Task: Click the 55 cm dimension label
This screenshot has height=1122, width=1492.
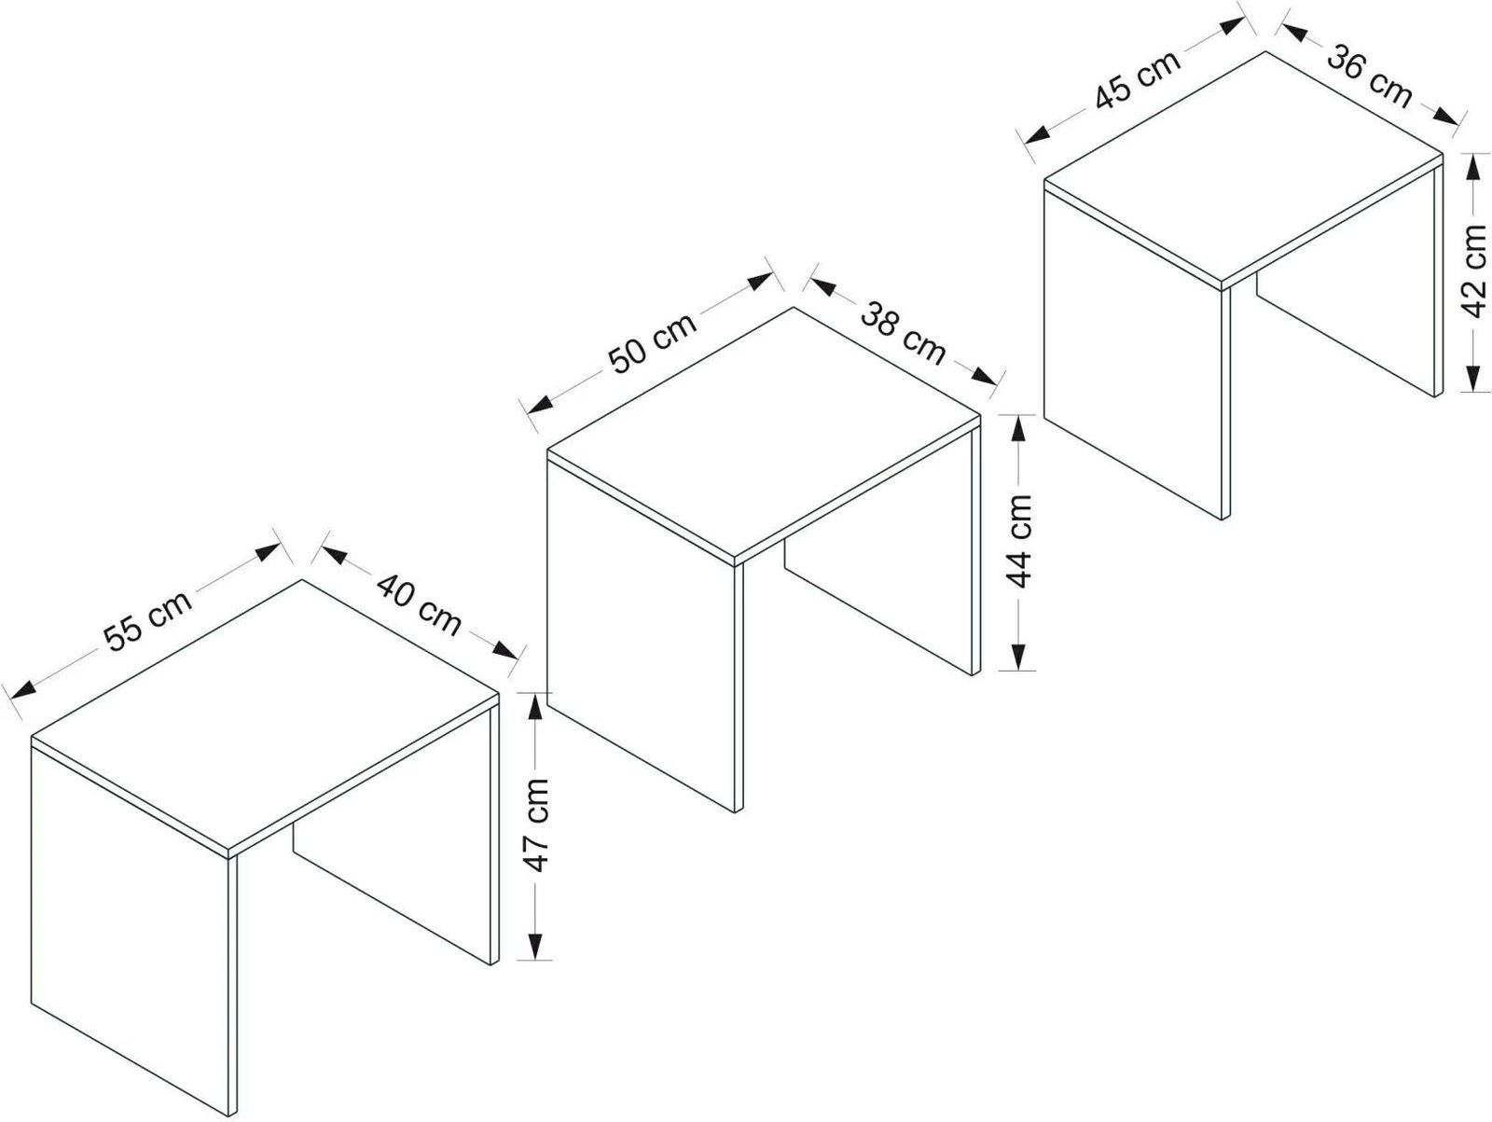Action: tap(148, 621)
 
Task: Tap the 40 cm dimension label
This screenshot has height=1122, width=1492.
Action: tap(419, 604)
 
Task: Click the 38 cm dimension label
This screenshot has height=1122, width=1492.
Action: tap(903, 333)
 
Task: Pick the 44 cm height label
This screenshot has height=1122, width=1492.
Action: tap(1019, 541)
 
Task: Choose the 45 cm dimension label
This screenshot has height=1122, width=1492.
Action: tap(1138, 79)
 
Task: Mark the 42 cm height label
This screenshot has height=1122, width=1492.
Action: tap(1473, 271)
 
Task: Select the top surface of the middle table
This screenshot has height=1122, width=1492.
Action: tap(764, 436)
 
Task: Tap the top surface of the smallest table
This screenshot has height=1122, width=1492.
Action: tap(1242, 167)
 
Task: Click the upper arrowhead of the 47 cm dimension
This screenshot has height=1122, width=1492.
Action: tap(535, 707)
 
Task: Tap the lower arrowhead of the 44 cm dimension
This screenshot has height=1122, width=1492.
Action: tap(1017, 658)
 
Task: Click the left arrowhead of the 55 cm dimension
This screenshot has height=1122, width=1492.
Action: tap(22, 689)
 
